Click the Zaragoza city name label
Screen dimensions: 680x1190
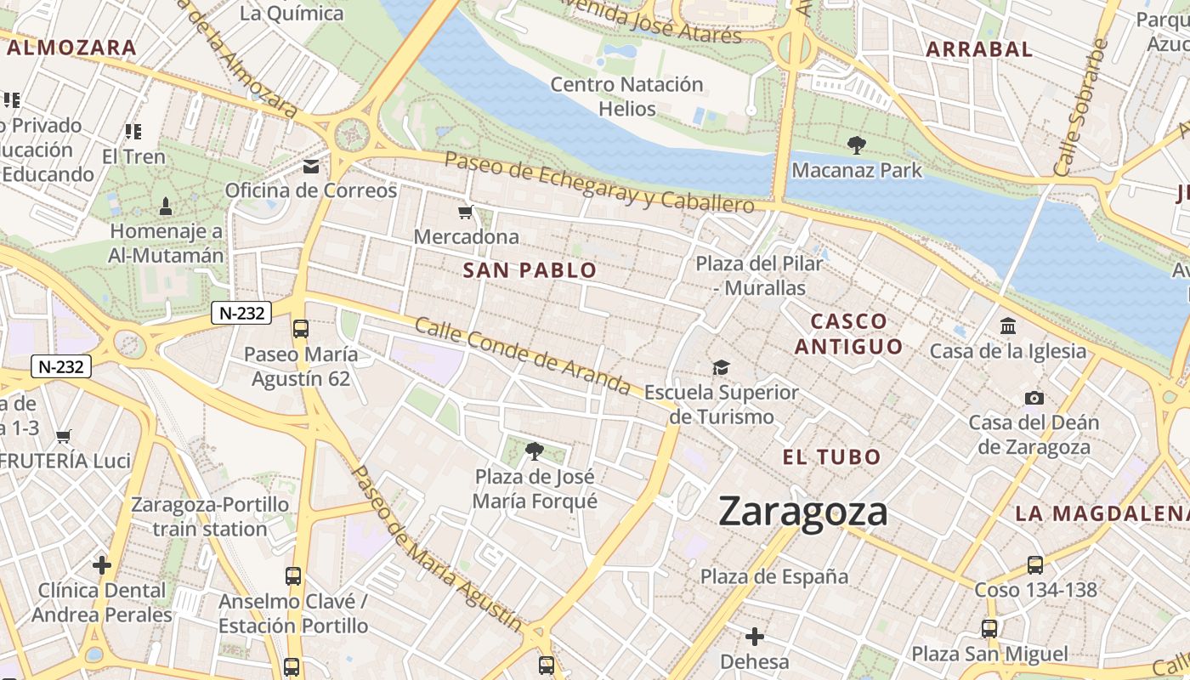(802, 512)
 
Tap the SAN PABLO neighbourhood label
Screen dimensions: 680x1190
(530, 271)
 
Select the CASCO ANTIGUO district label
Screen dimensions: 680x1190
(848, 334)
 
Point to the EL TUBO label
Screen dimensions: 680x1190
(831, 457)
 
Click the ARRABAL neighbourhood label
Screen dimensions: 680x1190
(978, 49)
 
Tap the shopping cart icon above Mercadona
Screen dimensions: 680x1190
(465, 212)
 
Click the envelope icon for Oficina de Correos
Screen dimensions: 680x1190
(311, 166)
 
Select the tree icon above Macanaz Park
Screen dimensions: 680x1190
(856, 145)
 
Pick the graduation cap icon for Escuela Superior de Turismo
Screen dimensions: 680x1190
(721, 367)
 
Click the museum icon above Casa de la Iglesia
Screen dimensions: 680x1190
(1008, 326)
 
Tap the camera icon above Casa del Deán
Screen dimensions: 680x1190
(1034, 398)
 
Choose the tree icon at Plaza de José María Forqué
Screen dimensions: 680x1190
(534, 450)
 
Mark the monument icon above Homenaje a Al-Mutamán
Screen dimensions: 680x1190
(166, 206)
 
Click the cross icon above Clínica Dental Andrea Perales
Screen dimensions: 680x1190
(102, 564)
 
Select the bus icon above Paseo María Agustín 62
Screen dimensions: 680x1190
(300, 329)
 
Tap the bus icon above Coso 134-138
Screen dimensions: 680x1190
(1034, 564)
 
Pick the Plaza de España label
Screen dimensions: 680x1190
(773, 576)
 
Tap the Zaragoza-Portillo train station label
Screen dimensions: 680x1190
(210, 517)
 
